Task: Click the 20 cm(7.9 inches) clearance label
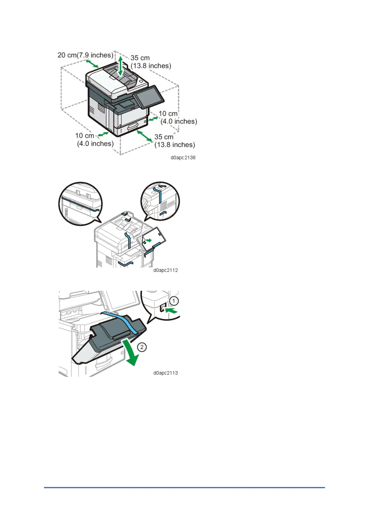tap(86, 55)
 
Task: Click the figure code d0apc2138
tap(183, 157)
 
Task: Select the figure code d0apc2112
tap(165, 270)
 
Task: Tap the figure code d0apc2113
tap(165, 373)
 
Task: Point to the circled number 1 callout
tap(174, 301)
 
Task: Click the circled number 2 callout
tap(142, 347)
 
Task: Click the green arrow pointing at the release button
tap(172, 310)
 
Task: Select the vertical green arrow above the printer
tap(121, 66)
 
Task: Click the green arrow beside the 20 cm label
tap(92, 64)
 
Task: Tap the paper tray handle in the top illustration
tap(133, 125)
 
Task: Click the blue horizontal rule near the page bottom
tap(184, 488)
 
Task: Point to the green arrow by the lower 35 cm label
tap(145, 136)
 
